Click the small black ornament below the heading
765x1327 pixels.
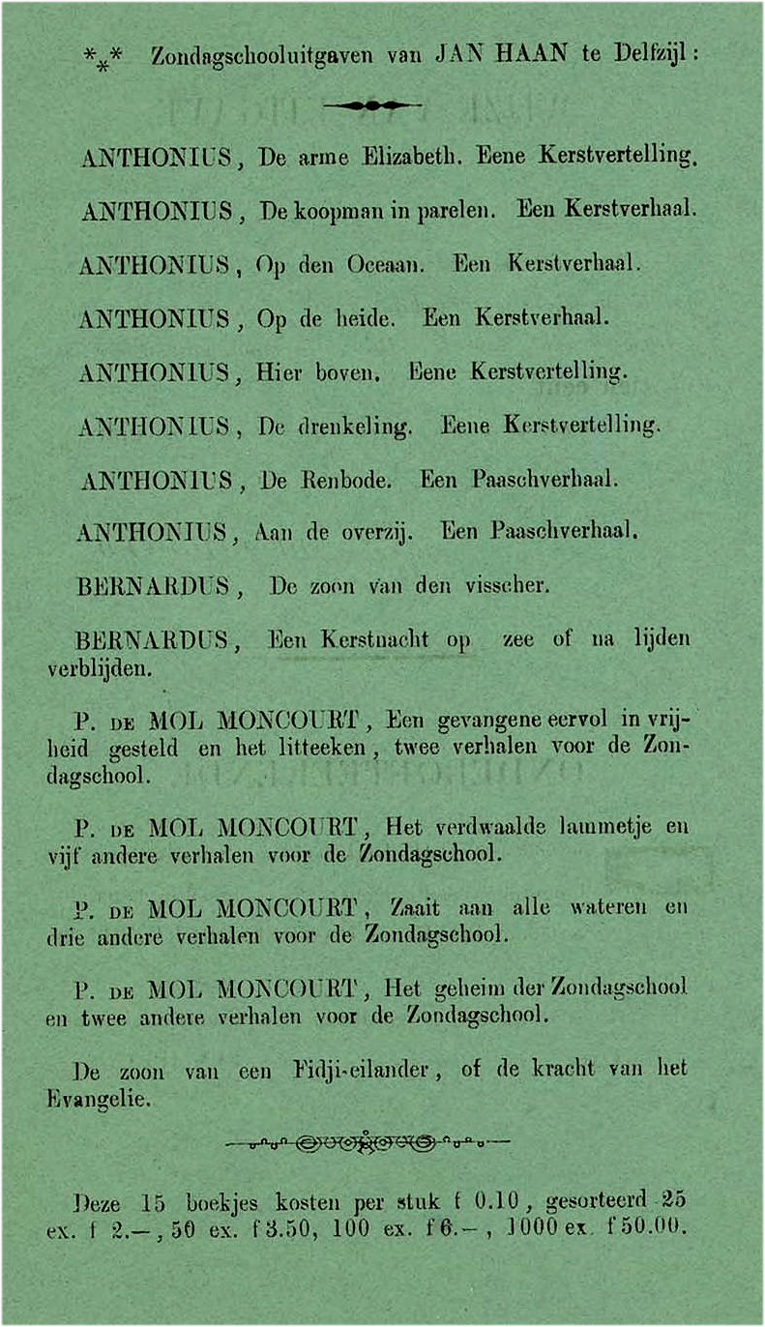coord(372,105)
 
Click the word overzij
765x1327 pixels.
coord(378,531)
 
